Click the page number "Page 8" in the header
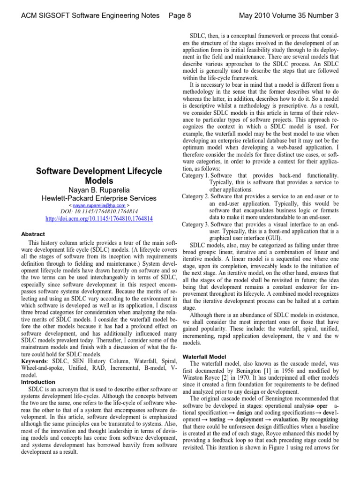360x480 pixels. [x=180, y=15]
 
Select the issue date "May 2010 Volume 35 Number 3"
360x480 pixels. [x=288, y=15]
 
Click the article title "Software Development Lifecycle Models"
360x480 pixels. [x=99, y=175]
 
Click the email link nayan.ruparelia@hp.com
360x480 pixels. [x=99, y=205]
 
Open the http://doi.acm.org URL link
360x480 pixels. [x=99, y=219]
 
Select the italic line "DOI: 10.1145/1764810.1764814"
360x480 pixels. [x=99, y=212]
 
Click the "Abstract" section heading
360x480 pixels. [x=33, y=234]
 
